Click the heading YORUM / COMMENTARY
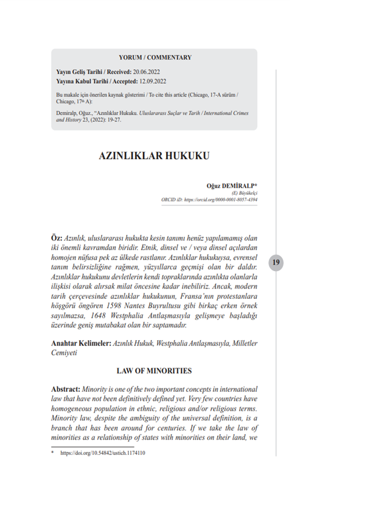(155, 58)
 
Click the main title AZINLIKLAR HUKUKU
(154, 156)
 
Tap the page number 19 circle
(277, 263)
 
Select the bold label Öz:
(57, 238)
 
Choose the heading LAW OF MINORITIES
(154, 371)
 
